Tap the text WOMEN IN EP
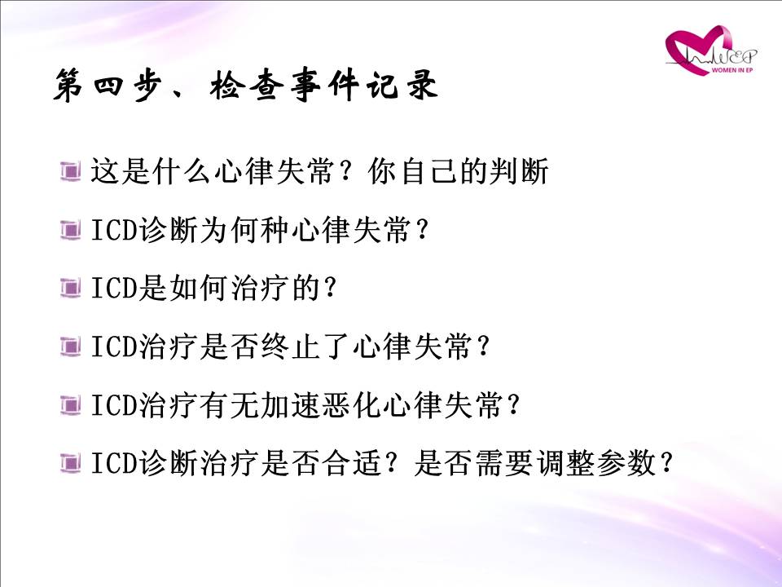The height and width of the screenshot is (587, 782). pos(731,70)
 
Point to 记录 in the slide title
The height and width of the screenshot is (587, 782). pos(402,84)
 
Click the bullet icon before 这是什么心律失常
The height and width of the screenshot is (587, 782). pos(70,170)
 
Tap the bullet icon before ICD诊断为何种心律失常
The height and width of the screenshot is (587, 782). pos(70,230)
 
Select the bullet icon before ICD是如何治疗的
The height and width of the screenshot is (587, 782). pos(70,288)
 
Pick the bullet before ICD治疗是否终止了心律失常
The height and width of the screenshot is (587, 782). pos(70,346)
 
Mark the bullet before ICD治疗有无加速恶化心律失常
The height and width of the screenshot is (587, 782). pos(70,405)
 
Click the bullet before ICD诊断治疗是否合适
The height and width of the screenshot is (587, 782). pos(70,463)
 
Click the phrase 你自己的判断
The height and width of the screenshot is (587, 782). pos(458,171)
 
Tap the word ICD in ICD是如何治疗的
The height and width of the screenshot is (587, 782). pos(114,289)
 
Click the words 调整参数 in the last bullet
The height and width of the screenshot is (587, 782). pos(597,463)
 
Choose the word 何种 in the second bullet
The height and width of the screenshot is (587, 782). pos(261,230)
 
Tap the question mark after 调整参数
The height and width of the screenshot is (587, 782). pos(666,463)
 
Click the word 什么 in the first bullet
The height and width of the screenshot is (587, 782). pos(182,171)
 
